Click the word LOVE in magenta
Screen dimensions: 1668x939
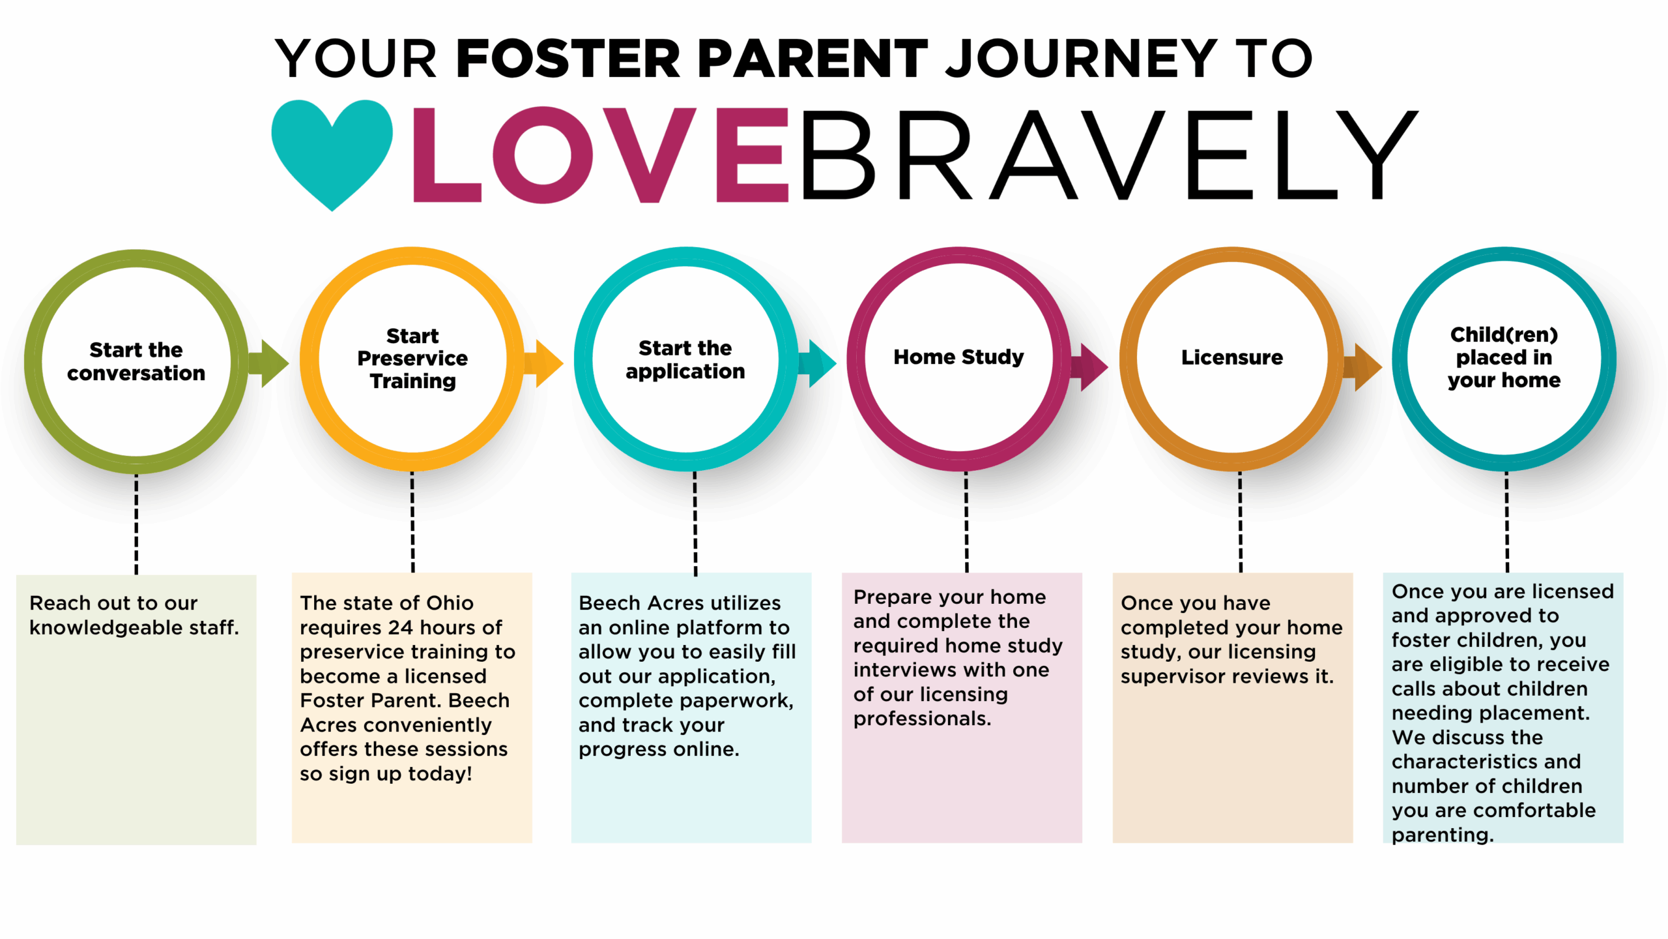pyautogui.click(x=601, y=155)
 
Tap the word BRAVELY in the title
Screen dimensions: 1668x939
pyautogui.click(x=1108, y=155)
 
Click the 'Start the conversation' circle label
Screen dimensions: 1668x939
pyautogui.click(x=136, y=361)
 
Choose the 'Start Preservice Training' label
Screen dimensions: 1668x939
pyautogui.click(x=412, y=359)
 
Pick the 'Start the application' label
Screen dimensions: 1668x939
pyautogui.click(x=685, y=359)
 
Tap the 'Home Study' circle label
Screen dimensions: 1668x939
pyautogui.click(x=958, y=357)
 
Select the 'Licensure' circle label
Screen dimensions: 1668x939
pyautogui.click(x=1232, y=357)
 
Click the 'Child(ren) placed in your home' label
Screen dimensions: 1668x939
pyautogui.click(x=1504, y=357)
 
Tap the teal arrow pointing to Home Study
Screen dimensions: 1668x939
pyautogui.click(x=818, y=363)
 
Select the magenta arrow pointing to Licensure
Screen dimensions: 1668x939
pyautogui.click(x=1089, y=366)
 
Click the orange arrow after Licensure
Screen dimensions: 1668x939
pyautogui.click(x=1362, y=366)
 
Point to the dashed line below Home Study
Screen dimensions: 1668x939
pyautogui.click(x=966, y=522)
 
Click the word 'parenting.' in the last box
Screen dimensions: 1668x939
pyautogui.click(x=1443, y=835)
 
